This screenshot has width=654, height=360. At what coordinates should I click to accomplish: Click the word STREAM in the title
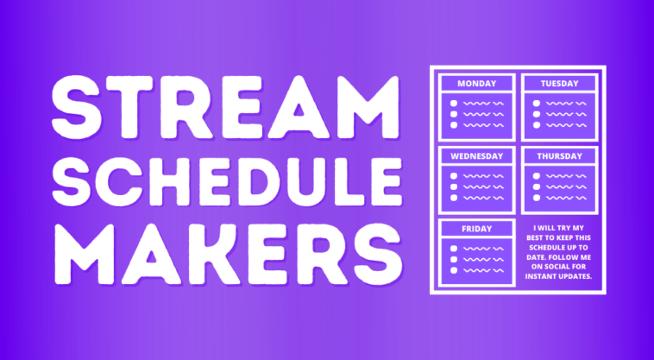click(x=226, y=107)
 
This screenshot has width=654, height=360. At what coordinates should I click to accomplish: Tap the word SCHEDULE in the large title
click(x=227, y=181)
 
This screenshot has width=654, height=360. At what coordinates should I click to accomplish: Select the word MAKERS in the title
click(x=229, y=254)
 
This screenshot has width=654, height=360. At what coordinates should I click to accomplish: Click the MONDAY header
click(x=477, y=84)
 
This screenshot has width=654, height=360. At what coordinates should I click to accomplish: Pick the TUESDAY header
click(x=559, y=84)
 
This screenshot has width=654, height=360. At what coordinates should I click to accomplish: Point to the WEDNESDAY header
click(x=477, y=156)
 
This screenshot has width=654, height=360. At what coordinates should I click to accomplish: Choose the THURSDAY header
click(x=559, y=156)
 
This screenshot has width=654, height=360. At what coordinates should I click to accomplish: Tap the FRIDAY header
click(x=477, y=229)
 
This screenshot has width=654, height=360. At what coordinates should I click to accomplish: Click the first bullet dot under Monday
click(x=454, y=103)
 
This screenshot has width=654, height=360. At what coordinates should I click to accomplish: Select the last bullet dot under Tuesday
click(x=537, y=124)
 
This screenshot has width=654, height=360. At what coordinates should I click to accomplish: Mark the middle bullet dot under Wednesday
click(x=454, y=186)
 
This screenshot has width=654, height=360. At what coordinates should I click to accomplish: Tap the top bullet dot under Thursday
click(x=537, y=175)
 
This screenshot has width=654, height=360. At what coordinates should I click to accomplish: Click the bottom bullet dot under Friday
click(x=454, y=270)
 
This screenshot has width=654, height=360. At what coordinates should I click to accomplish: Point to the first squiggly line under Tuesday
click(x=566, y=103)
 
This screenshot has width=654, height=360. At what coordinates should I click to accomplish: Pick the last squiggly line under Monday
click(x=484, y=124)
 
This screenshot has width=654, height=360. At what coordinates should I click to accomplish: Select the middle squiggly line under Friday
click(x=484, y=259)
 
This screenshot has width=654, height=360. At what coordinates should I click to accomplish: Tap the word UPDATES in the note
click(x=575, y=276)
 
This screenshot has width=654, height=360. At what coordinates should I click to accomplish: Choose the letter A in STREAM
click(x=299, y=107)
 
